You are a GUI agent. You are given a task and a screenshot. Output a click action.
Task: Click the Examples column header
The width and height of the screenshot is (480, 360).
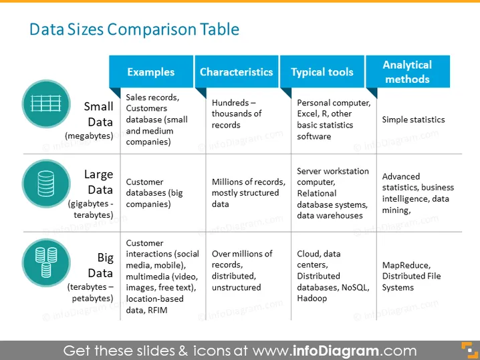tap(151, 72)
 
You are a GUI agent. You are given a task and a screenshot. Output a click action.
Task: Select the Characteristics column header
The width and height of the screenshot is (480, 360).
tap(237, 72)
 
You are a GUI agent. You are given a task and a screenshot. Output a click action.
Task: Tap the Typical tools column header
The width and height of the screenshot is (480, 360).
tap(322, 72)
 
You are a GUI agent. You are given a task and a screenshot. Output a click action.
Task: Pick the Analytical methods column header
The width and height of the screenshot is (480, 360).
tap(407, 72)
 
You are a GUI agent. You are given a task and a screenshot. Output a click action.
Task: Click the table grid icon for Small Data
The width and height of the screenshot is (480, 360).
tap(46, 104)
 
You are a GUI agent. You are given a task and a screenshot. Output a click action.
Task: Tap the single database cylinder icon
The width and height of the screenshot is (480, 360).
tap(46, 184)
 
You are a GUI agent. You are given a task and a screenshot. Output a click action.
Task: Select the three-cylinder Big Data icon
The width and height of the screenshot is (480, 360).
tap(46, 262)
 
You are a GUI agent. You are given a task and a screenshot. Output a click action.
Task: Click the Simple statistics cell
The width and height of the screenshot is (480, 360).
tap(413, 120)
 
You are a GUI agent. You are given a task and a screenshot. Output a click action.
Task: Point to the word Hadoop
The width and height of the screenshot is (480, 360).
tap(312, 298)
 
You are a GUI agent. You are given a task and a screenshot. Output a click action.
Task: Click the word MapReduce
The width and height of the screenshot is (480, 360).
tap(406, 265)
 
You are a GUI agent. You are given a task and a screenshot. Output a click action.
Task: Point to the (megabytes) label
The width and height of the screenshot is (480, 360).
tap(89, 136)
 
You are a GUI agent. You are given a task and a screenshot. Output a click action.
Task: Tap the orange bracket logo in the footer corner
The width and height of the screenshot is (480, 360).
tap(469, 350)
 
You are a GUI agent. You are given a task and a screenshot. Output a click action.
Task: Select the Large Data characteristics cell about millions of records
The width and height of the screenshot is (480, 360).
tap(248, 193)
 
